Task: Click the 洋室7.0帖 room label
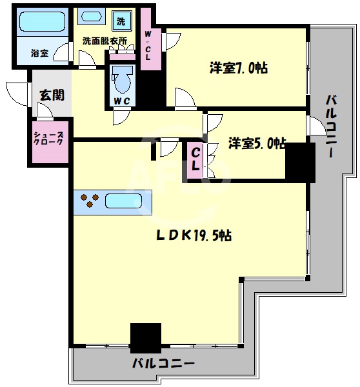click(238, 67)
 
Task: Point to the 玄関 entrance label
click(52, 95)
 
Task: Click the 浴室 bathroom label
click(39, 54)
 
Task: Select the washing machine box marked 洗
click(121, 20)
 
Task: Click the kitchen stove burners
click(90, 201)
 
